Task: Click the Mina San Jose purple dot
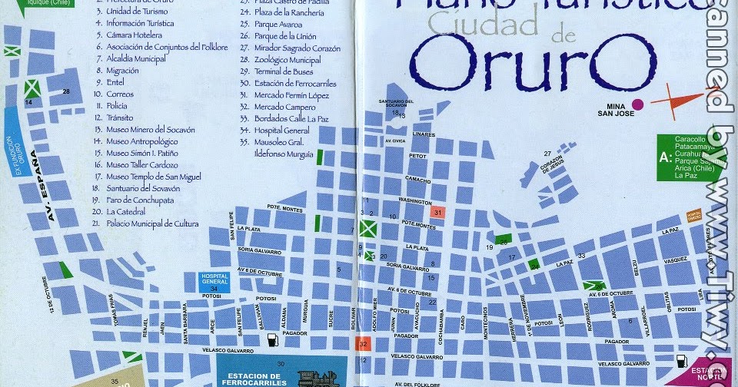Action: (x=637, y=104)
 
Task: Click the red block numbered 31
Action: (x=438, y=212)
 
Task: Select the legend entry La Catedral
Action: (x=126, y=211)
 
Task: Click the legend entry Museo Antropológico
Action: (x=141, y=141)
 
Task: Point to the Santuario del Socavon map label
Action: (x=397, y=103)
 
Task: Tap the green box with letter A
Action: (x=664, y=157)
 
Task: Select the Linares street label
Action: (x=424, y=134)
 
